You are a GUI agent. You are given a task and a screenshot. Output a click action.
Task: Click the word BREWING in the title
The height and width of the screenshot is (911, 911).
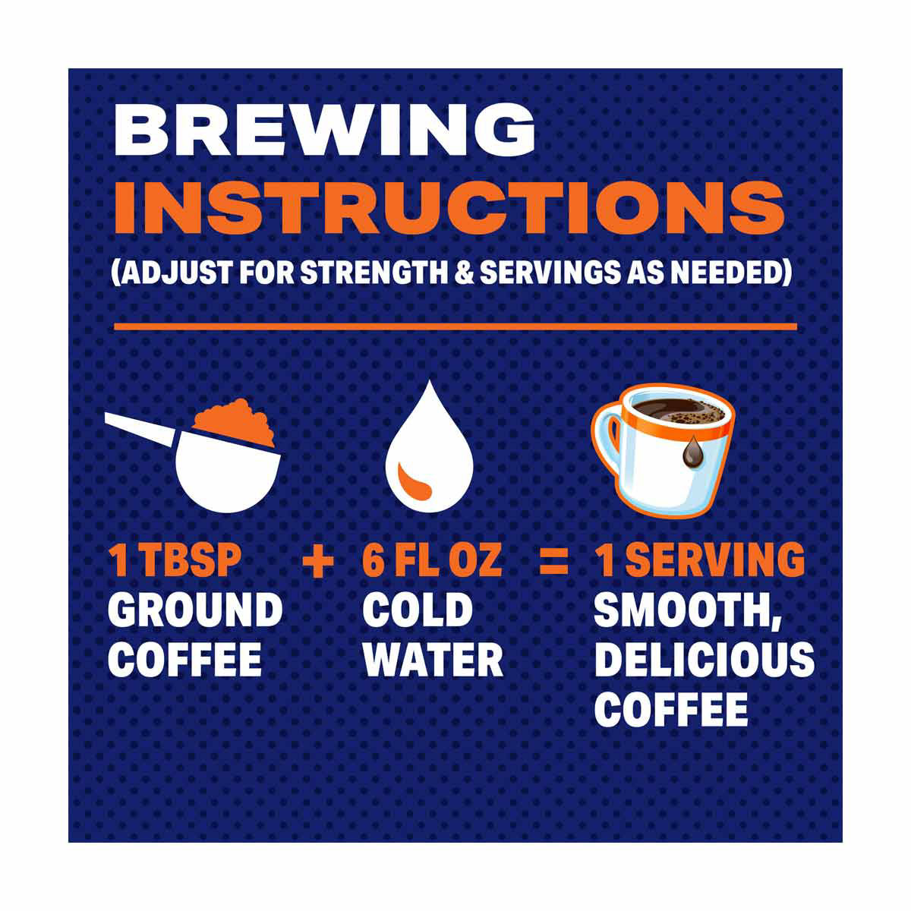[x=324, y=129]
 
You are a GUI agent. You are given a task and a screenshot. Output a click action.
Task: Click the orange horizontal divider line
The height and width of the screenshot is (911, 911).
[x=455, y=326]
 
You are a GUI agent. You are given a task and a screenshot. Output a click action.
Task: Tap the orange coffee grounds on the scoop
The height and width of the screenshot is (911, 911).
[x=235, y=422]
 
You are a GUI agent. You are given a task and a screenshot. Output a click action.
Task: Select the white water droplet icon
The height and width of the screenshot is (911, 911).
[x=429, y=448]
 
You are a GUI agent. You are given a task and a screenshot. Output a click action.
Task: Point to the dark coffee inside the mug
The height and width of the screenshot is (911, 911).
[x=679, y=411]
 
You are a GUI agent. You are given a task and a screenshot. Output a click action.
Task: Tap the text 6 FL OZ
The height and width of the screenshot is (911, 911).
[x=432, y=559]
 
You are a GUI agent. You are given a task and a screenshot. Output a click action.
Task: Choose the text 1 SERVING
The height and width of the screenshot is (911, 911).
[x=699, y=559]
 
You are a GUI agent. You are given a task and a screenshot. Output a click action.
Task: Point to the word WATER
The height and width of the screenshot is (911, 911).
[x=433, y=660]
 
